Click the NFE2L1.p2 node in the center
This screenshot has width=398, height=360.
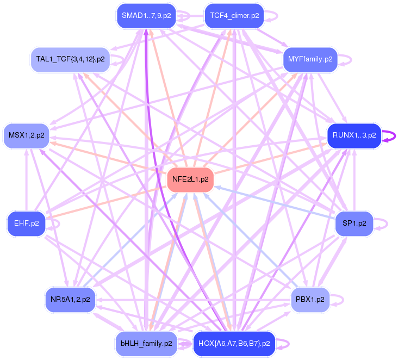point(190,179)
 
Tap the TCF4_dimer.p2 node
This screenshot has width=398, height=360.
point(234,16)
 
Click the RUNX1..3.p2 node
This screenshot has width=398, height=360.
point(353,135)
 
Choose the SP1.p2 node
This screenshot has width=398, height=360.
point(354,223)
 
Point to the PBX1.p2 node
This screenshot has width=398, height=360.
point(310,299)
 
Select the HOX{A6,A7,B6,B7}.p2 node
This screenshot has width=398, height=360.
point(234,343)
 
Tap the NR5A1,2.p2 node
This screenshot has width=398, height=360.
point(70,299)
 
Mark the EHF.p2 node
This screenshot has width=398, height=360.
point(26,223)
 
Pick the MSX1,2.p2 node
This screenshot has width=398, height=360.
point(26,135)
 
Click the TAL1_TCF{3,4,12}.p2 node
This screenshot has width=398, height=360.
point(70,59)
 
